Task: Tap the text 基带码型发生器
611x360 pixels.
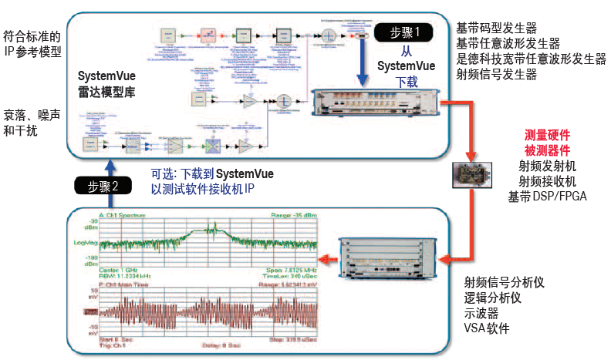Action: coord(497,27)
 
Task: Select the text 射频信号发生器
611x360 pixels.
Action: coord(497,74)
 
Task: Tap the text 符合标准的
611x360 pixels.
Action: coord(32,35)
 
